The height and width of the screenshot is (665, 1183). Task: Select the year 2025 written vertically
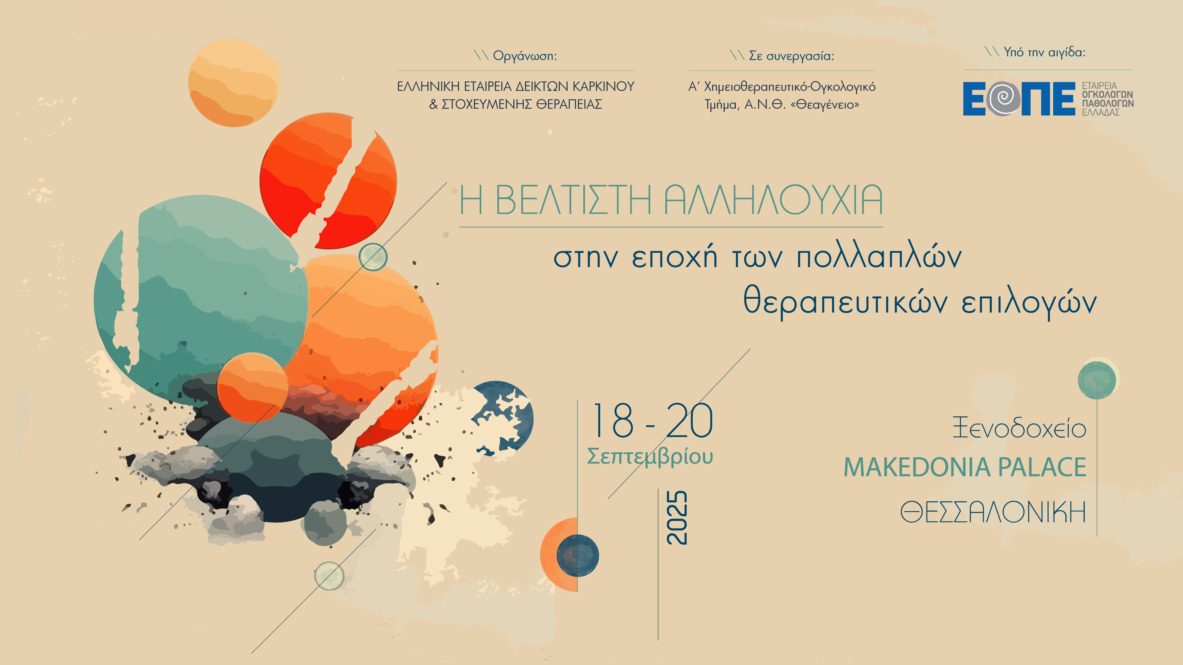click(677, 518)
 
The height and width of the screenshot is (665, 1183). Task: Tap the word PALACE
click(1042, 467)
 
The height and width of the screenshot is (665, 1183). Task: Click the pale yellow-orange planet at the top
click(234, 83)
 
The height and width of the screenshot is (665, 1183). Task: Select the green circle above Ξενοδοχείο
click(1097, 380)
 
